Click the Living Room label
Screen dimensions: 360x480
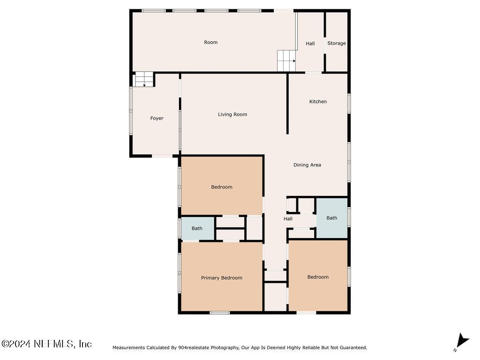pos(232,114)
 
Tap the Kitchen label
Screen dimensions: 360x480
pos(318,102)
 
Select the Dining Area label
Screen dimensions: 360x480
pos(307,165)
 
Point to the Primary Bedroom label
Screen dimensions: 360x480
pos(221,278)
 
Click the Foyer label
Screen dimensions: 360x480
pos(157,118)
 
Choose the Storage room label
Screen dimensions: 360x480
pos(336,43)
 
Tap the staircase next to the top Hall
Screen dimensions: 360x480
pos(286,61)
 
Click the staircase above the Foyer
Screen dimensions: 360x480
pos(144,79)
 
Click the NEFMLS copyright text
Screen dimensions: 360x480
pos(46,344)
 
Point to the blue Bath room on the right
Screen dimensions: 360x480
pos(332,218)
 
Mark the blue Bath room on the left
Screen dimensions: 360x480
pos(197,228)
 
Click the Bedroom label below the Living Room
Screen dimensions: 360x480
pos(221,187)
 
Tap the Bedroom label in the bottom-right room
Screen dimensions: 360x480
pos(318,277)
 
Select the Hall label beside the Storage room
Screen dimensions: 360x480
pos(310,44)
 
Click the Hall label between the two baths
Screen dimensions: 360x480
pos(288,219)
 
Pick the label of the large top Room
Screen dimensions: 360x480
pos(210,42)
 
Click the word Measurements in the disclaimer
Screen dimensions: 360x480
pos(129,348)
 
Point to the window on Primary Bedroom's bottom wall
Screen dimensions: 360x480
pos(219,312)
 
